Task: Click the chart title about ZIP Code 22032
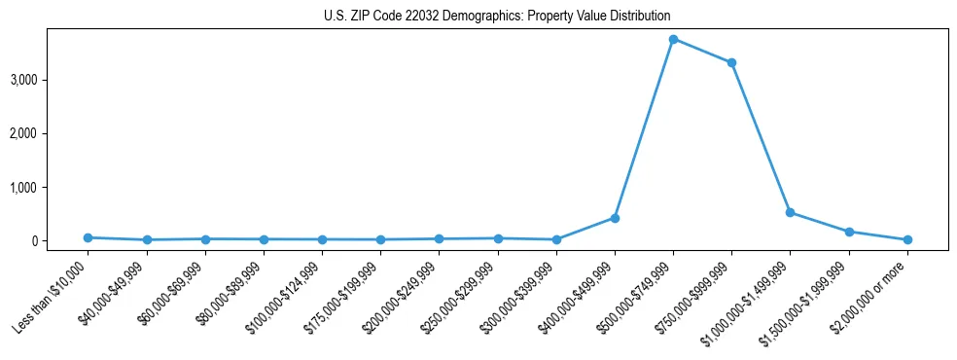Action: coord(497,17)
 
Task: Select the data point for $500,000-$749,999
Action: coord(673,39)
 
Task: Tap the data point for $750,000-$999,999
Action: coord(731,62)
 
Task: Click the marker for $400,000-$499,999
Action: coord(615,218)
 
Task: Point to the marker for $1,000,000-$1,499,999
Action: coord(790,212)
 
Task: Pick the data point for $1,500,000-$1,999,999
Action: coord(849,232)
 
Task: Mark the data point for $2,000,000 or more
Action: coord(907,239)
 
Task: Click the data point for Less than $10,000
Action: coord(88,237)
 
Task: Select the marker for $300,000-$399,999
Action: coord(556,239)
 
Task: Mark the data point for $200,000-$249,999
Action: coord(439,238)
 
